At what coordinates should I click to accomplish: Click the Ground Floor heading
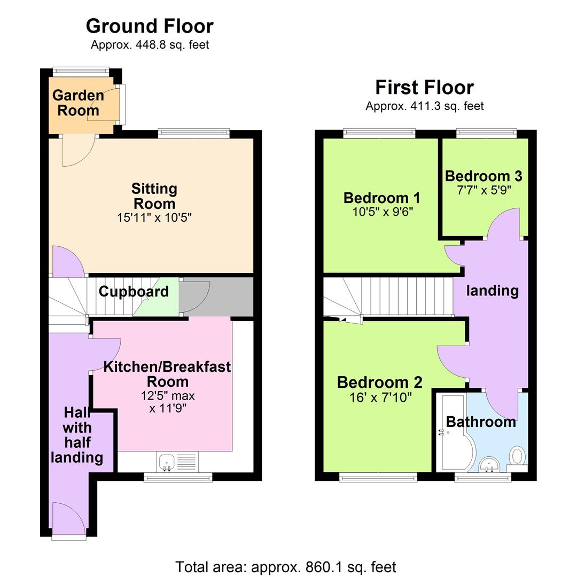[150, 26]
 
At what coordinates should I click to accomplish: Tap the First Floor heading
[424, 87]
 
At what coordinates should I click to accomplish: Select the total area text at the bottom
[286, 566]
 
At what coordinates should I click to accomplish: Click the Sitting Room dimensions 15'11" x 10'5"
[154, 218]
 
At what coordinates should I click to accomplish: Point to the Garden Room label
[79, 103]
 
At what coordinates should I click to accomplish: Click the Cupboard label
[134, 292]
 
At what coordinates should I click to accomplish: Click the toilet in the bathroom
[517, 457]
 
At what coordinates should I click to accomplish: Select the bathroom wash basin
[488, 465]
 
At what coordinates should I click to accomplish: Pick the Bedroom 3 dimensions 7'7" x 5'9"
[484, 190]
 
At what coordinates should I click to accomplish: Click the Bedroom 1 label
[381, 198]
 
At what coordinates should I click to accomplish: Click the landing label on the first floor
[492, 291]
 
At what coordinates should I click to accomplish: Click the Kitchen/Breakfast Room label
[167, 374]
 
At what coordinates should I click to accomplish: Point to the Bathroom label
[481, 422]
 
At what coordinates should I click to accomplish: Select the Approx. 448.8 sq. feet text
[150, 45]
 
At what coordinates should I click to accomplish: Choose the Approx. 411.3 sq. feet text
[424, 106]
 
